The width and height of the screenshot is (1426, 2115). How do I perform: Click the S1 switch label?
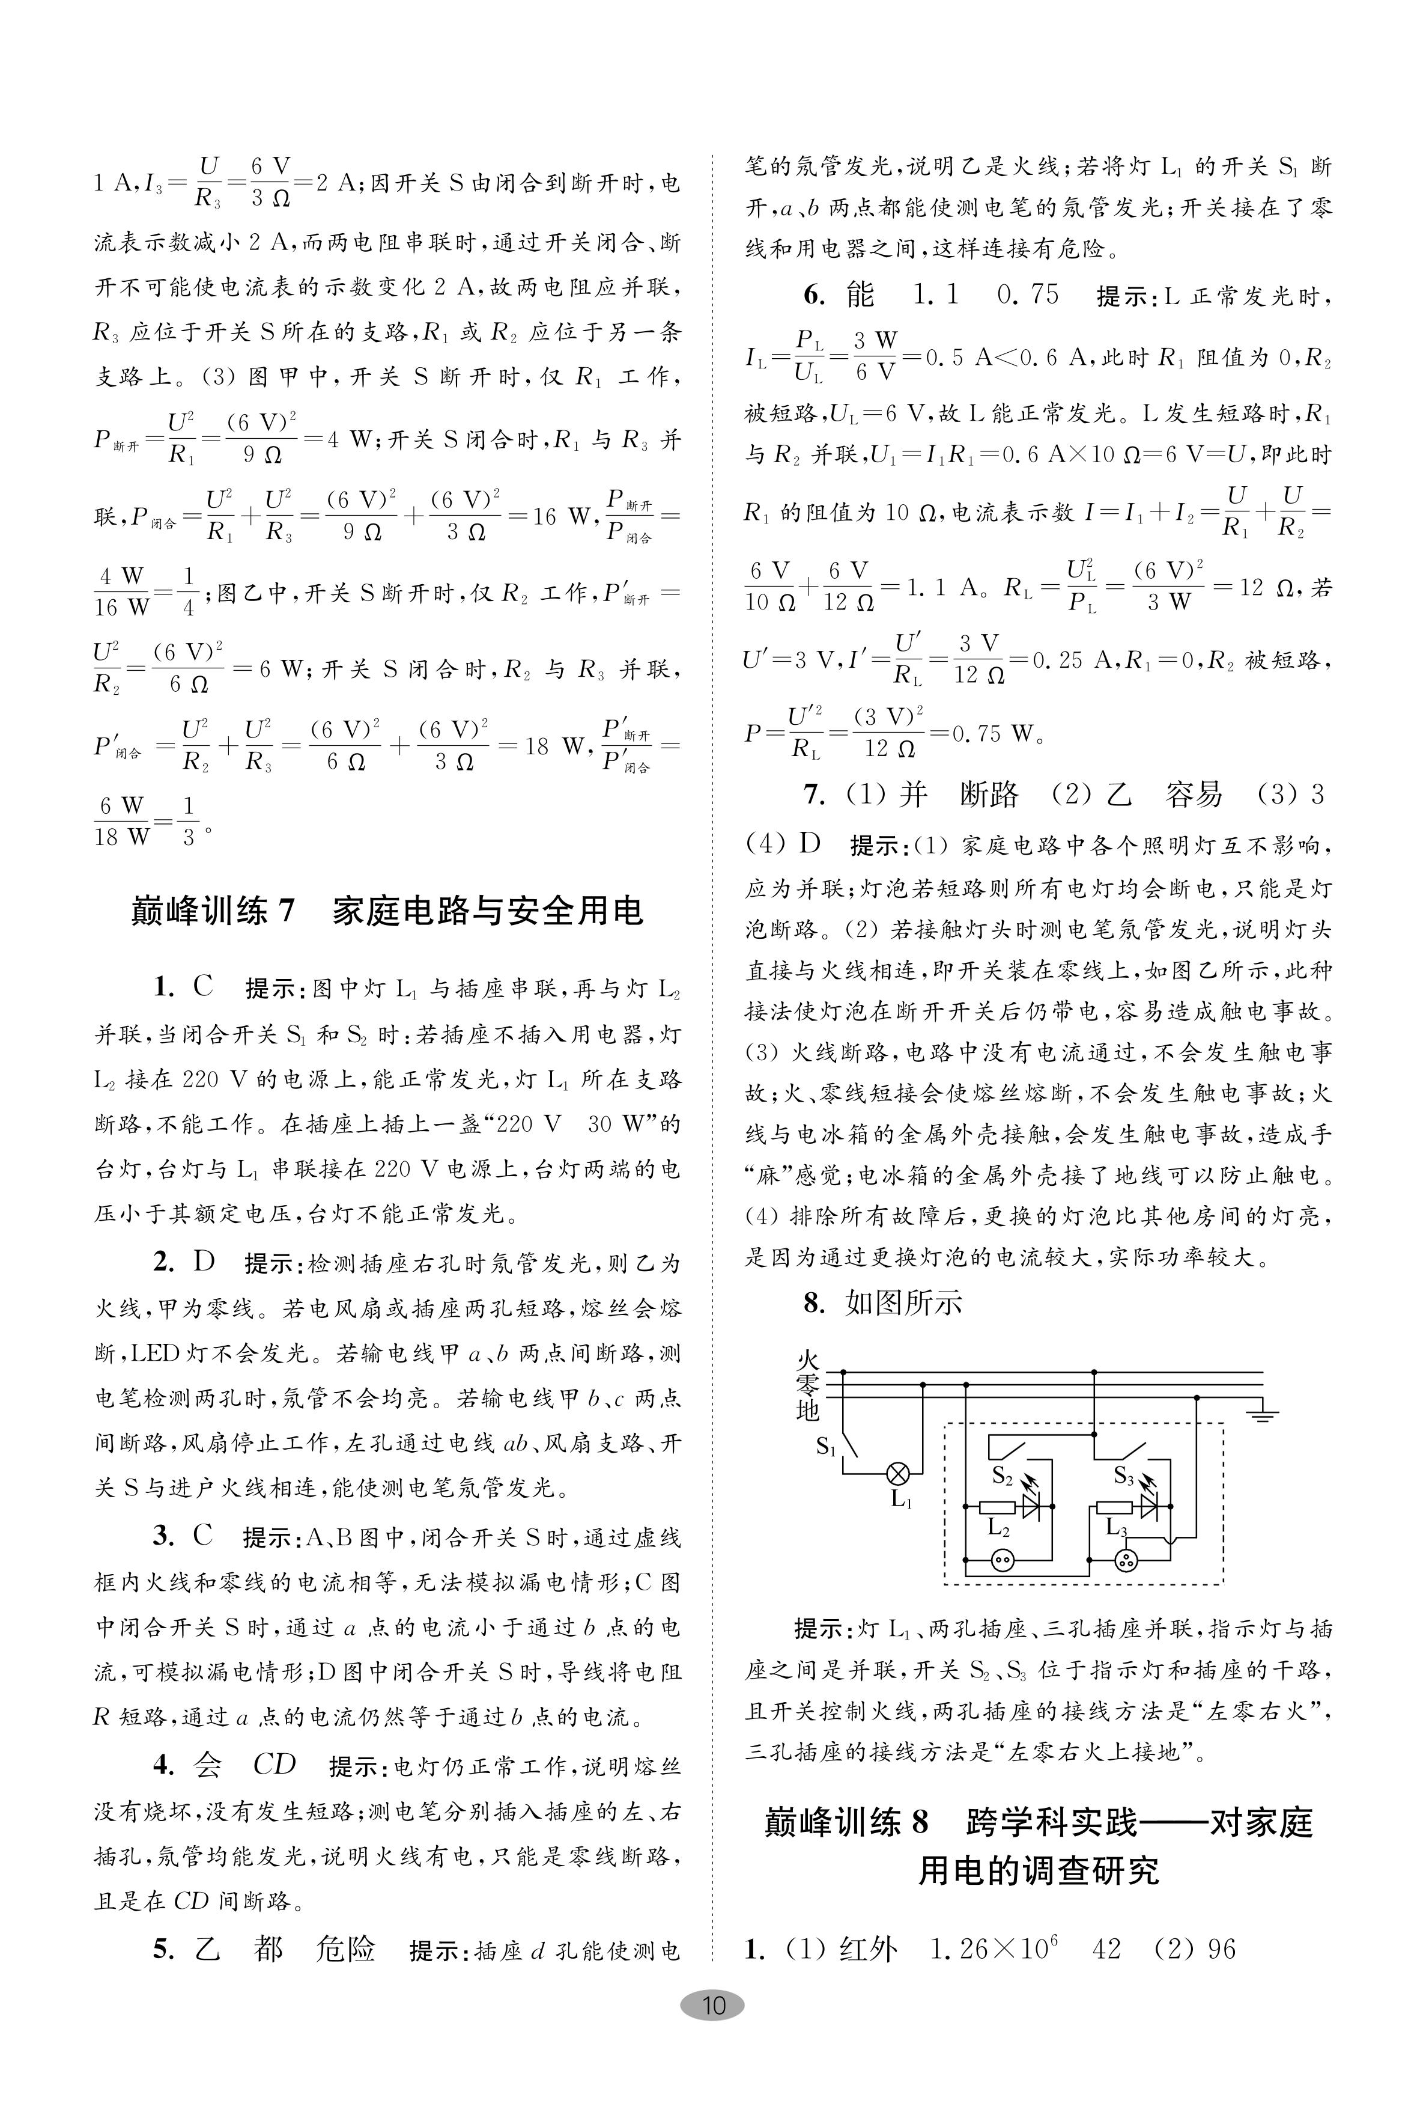click(x=825, y=1445)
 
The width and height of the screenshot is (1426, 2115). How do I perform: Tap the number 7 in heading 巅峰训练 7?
click(x=287, y=911)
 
